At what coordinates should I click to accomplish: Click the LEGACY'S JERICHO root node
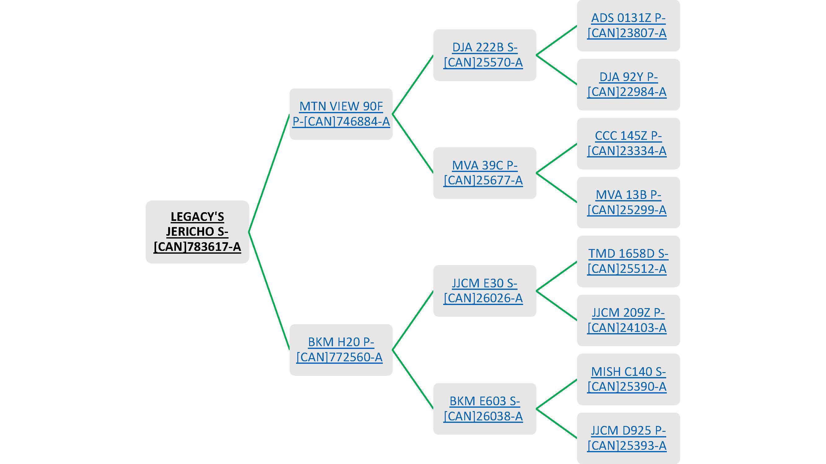197,231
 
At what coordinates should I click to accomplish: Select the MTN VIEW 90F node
341,114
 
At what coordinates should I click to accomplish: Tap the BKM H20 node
341,349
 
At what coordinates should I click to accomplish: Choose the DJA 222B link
484,55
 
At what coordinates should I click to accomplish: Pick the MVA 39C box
484,173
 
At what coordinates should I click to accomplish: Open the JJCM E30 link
484,290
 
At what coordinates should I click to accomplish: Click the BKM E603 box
484,408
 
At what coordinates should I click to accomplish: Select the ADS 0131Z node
628,25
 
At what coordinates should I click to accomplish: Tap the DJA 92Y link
628,84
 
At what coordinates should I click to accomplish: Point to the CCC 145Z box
628,143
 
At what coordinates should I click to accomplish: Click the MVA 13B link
628,202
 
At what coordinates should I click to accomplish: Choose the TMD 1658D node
628,261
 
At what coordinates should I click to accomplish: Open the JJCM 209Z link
628,320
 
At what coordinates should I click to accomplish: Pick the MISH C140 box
628,379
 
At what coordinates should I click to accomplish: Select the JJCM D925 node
628,438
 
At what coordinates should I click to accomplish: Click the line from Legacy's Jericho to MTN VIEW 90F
269,173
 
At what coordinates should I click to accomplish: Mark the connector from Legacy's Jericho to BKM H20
269,290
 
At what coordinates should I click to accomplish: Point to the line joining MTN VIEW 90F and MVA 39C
413,143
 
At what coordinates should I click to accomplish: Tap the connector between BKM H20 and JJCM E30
413,320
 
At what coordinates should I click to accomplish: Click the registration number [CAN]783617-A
197,247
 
